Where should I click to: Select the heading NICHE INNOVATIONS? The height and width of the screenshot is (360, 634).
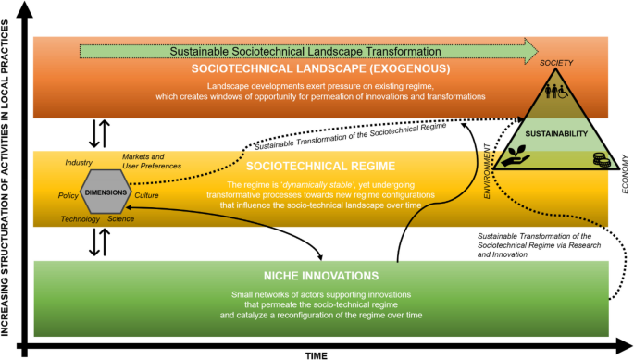(320, 275)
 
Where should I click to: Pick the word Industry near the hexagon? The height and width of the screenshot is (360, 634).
(79, 163)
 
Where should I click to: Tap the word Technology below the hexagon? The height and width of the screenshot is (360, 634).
(81, 219)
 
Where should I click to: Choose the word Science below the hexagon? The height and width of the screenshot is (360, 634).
(120, 219)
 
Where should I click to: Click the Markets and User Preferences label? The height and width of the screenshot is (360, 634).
(152, 161)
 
